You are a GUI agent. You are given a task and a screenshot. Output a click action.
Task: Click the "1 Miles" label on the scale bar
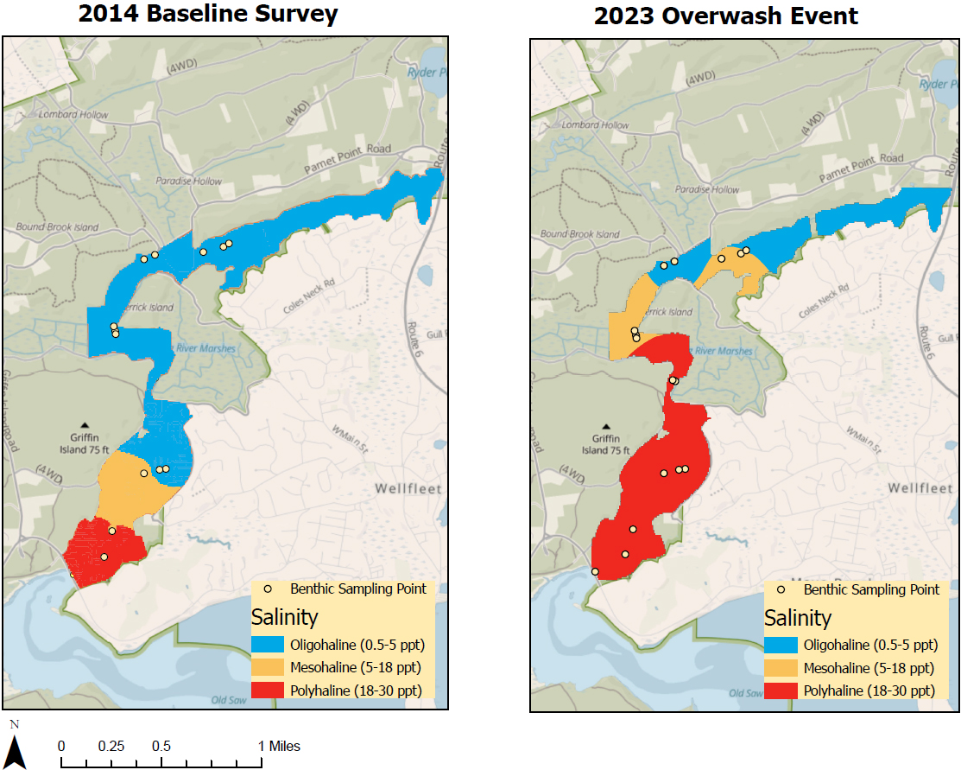click(x=279, y=746)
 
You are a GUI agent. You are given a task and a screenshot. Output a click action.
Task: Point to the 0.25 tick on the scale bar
click(x=111, y=746)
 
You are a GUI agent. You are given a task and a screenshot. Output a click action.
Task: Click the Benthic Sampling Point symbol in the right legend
click(x=781, y=590)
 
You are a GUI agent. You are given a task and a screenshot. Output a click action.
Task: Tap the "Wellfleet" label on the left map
click(x=408, y=488)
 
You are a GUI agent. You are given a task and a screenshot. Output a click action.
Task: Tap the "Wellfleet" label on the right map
click(x=920, y=488)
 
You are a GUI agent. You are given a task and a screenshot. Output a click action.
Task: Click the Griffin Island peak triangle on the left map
click(x=85, y=425)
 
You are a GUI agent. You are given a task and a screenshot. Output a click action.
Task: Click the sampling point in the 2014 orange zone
click(x=143, y=474)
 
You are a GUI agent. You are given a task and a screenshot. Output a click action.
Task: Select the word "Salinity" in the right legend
click(x=797, y=618)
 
